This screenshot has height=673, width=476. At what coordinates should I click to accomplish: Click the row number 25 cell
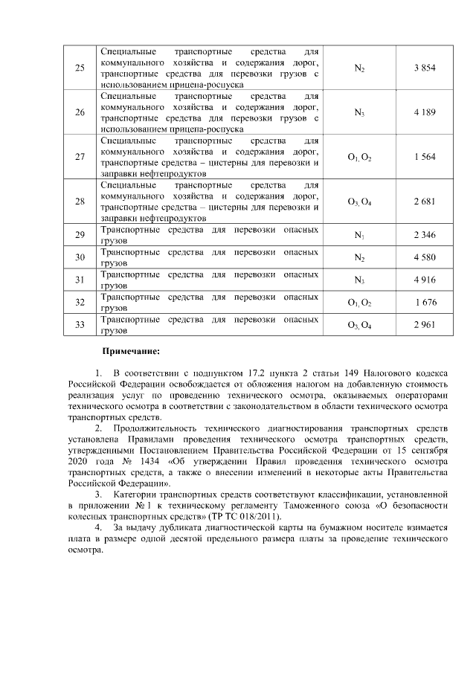click(80, 68)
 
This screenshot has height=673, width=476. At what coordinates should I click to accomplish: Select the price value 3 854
click(424, 68)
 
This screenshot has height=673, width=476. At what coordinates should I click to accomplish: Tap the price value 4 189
click(424, 112)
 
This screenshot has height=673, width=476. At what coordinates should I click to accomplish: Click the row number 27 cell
click(80, 157)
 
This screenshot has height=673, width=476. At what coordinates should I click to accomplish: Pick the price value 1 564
click(424, 157)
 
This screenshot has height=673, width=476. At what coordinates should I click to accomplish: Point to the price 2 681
click(424, 202)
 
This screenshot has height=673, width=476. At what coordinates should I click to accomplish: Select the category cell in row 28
click(359, 202)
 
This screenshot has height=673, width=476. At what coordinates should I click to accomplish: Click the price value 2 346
click(424, 236)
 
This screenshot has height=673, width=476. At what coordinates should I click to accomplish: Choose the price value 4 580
click(424, 258)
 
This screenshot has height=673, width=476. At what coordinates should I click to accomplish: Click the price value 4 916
click(424, 280)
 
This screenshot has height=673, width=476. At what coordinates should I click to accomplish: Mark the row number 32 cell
click(80, 303)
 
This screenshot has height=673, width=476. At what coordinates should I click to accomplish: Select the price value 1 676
click(425, 303)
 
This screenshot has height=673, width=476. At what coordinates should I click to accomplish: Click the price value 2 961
click(424, 325)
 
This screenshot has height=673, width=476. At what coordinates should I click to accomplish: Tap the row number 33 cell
click(80, 325)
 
